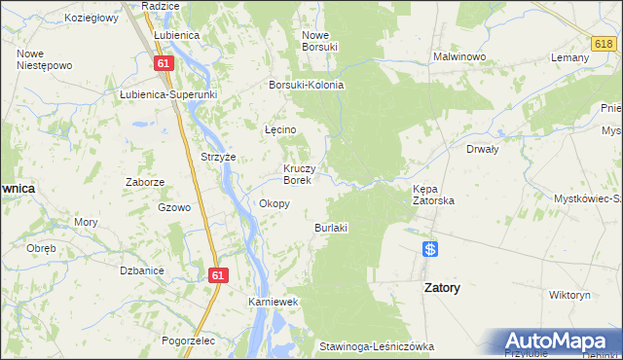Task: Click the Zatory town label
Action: tap(442, 289)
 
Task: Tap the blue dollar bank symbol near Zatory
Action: tap(430, 249)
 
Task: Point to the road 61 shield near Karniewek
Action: tap(217, 276)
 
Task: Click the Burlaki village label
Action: tap(331, 228)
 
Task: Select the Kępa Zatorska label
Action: tap(434, 194)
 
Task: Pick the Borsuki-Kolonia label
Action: tap(307, 85)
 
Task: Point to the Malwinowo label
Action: tap(459, 56)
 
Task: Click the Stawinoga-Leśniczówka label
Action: tap(376, 346)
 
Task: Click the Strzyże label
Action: tap(218, 157)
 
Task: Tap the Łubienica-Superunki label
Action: tap(167, 94)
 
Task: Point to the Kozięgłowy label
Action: tap(91, 18)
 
